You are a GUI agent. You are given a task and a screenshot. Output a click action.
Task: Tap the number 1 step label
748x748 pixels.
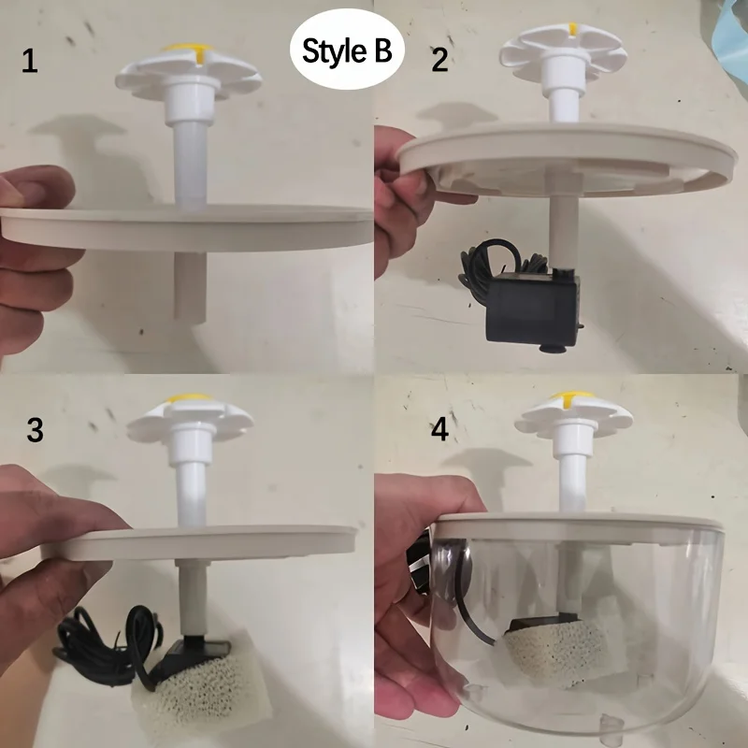31,63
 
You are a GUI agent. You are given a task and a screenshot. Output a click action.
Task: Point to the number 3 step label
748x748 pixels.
35,431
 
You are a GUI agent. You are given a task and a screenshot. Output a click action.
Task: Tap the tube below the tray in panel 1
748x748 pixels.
190,284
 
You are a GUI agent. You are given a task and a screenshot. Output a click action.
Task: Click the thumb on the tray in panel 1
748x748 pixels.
37,187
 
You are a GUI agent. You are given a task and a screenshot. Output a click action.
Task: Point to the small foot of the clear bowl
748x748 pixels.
612,722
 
